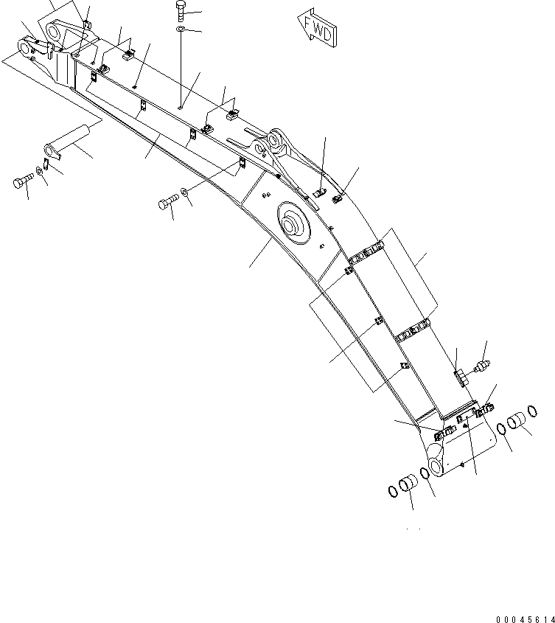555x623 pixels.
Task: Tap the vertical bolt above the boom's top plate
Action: (181, 10)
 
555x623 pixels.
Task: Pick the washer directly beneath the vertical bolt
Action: (181, 29)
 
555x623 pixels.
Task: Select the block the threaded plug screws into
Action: (459, 376)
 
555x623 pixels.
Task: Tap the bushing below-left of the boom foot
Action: (408, 486)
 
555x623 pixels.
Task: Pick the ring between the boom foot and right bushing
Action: (501, 430)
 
